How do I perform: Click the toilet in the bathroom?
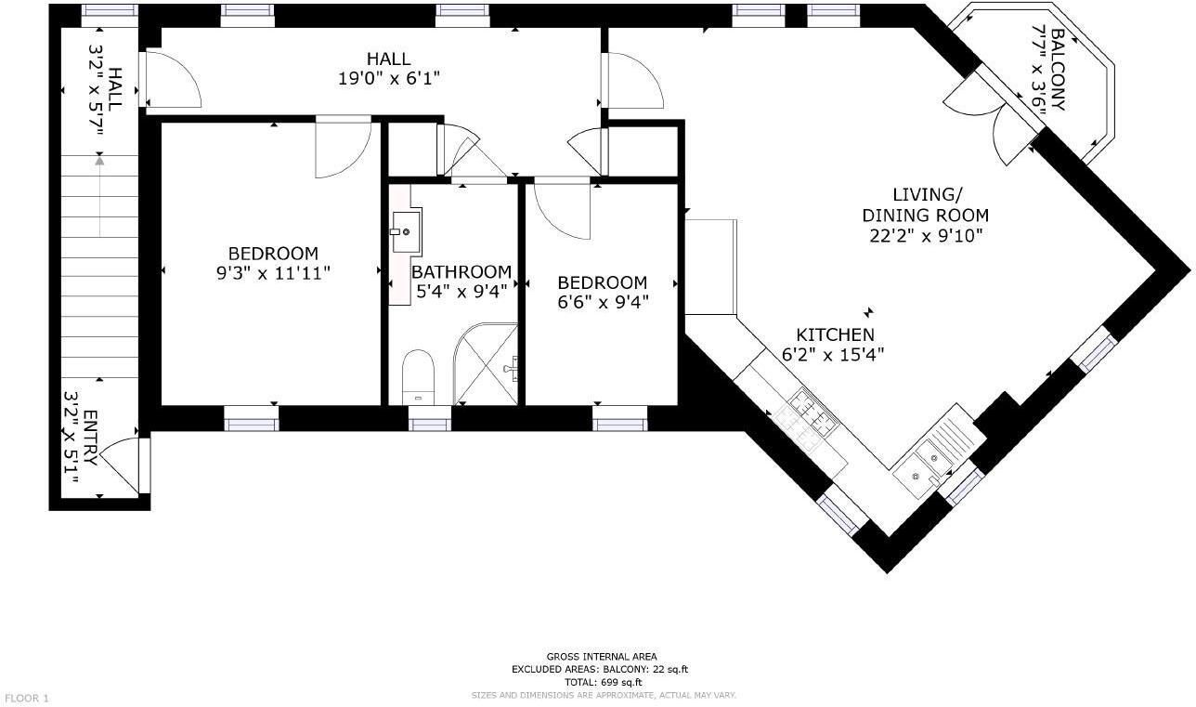419,377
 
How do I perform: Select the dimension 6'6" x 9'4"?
602,301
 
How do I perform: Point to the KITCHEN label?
835,334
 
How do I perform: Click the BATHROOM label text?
461,271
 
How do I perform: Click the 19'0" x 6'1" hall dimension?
388,79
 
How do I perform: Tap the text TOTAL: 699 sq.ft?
602,681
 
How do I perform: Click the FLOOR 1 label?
27,698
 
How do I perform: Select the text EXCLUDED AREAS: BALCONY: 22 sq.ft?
601,669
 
